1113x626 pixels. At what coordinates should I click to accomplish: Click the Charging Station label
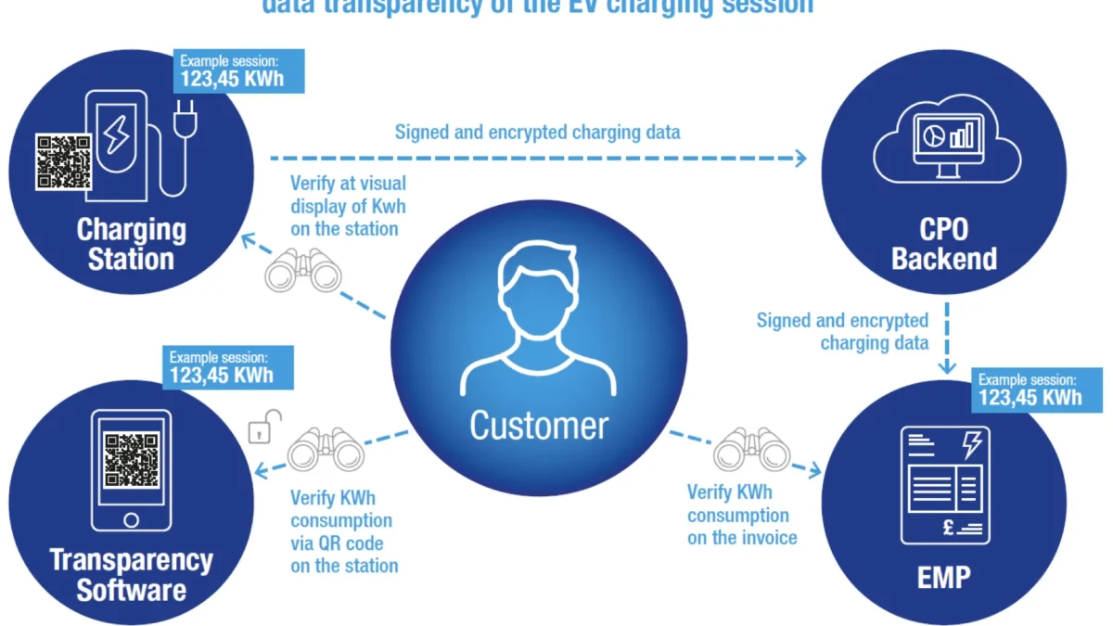point(130,243)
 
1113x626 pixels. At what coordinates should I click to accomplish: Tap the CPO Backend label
point(943,243)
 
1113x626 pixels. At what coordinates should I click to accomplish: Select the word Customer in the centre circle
point(539,426)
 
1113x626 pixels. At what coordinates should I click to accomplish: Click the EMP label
point(943,577)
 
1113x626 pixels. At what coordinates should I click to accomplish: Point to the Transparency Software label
point(131,574)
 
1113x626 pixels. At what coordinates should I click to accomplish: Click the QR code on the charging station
point(64,161)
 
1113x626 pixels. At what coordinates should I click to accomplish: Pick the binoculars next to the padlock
point(326,449)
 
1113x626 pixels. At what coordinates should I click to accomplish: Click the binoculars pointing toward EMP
point(751,450)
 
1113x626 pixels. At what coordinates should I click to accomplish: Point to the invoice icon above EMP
point(944,485)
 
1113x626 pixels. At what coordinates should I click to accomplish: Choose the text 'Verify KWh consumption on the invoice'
point(742,515)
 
